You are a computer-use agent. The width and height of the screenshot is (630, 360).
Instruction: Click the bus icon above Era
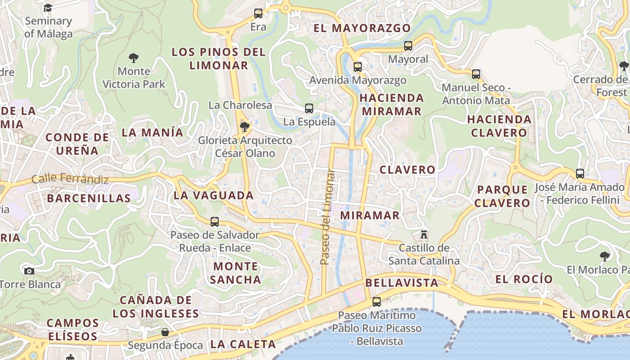click(x=258, y=13)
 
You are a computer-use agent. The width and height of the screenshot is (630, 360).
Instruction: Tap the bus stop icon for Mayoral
click(x=408, y=46)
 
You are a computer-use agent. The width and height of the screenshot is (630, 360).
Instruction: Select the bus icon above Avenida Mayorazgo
click(x=358, y=67)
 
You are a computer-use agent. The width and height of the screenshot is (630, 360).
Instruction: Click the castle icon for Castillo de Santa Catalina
click(x=423, y=234)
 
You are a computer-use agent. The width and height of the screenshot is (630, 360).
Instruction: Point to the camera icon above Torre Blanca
click(x=29, y=271)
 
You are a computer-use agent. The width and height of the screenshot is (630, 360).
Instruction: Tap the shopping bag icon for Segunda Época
click(x=165, y=332)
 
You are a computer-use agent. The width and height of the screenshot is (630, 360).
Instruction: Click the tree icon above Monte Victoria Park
click(x=133, y=58)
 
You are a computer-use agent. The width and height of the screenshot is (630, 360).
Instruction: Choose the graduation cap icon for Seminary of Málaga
click(x=48, y=8)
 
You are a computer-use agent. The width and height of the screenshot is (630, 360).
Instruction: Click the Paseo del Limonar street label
click(x=328, y=217)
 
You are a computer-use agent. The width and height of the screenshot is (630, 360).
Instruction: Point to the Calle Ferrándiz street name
click(x=70, y=179)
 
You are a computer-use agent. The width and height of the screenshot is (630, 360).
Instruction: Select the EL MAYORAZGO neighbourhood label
click(x=362, y=28)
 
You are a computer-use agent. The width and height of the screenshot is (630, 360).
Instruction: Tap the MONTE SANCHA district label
click(x=235, y=273)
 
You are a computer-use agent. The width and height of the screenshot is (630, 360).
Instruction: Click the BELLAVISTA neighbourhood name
click(x=402, y=283)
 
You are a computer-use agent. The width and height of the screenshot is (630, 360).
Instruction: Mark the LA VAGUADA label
click(x=214, y=195)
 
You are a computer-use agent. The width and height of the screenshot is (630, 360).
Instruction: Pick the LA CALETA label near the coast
click(x=243, y=344)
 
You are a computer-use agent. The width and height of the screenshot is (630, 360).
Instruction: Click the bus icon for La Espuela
click(x=309, y=108)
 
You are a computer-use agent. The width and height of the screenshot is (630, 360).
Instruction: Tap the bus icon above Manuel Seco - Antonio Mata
click(x=476, y=74)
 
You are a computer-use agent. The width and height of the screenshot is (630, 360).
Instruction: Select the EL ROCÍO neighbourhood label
click(x=524, y=279)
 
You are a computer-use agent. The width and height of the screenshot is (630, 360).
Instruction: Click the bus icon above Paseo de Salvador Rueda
click(x=215, y=222)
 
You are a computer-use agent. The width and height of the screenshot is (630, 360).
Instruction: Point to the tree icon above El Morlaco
click(x=605, y=256)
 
